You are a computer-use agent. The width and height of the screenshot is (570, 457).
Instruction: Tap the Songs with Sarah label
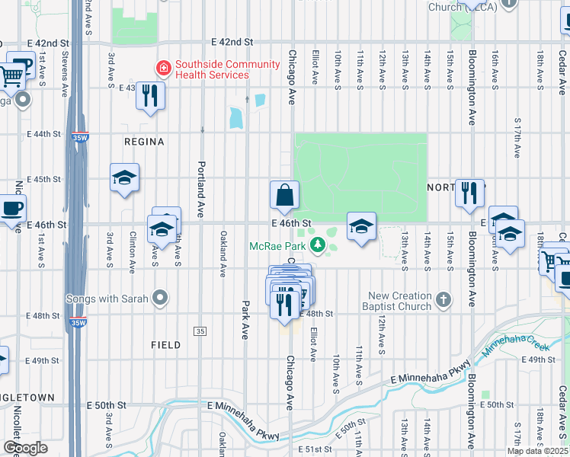click(107, 298)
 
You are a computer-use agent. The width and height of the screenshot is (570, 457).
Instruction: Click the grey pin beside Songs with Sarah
click(159, 298)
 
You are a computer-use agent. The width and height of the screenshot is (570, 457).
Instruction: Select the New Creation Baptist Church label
click(401, 302)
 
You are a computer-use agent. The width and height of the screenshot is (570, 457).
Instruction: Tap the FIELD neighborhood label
click(165, 345)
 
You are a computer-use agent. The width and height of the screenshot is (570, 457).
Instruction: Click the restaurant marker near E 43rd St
click(151, 95)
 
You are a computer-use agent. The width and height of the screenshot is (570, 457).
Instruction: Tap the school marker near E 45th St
click(125, 178)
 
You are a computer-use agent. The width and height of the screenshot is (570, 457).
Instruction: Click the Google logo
click(25, 448)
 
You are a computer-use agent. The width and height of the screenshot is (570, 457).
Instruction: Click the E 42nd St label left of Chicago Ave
click(232, 41)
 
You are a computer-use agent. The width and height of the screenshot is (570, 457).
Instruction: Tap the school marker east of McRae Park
click(362, 225)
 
